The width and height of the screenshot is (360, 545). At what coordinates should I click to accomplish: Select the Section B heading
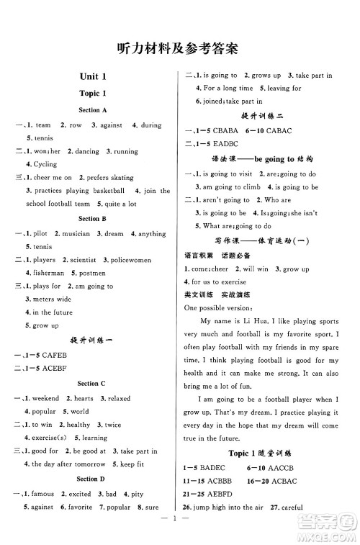[x=93, y=218]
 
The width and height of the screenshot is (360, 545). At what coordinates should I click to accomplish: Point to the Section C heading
[x=93, y=384]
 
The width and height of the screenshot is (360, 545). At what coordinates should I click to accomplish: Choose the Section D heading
[x=93, y=478]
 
